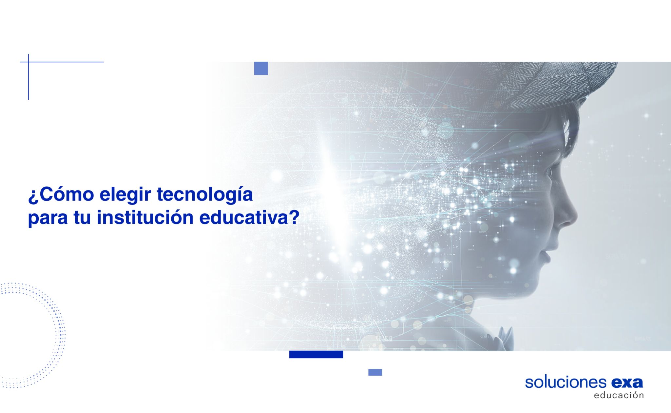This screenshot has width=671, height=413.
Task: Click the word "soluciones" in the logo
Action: click(566, 382)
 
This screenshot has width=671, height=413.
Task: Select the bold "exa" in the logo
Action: click(627, 383)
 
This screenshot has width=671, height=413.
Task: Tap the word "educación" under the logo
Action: click(619, 395)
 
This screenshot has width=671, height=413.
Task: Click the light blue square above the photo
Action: click(261, 68)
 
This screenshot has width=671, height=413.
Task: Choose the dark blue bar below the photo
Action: click(316, 354)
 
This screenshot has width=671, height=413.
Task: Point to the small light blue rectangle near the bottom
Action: click(375, 372)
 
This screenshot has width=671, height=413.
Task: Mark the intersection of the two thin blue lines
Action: click(29, 62)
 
